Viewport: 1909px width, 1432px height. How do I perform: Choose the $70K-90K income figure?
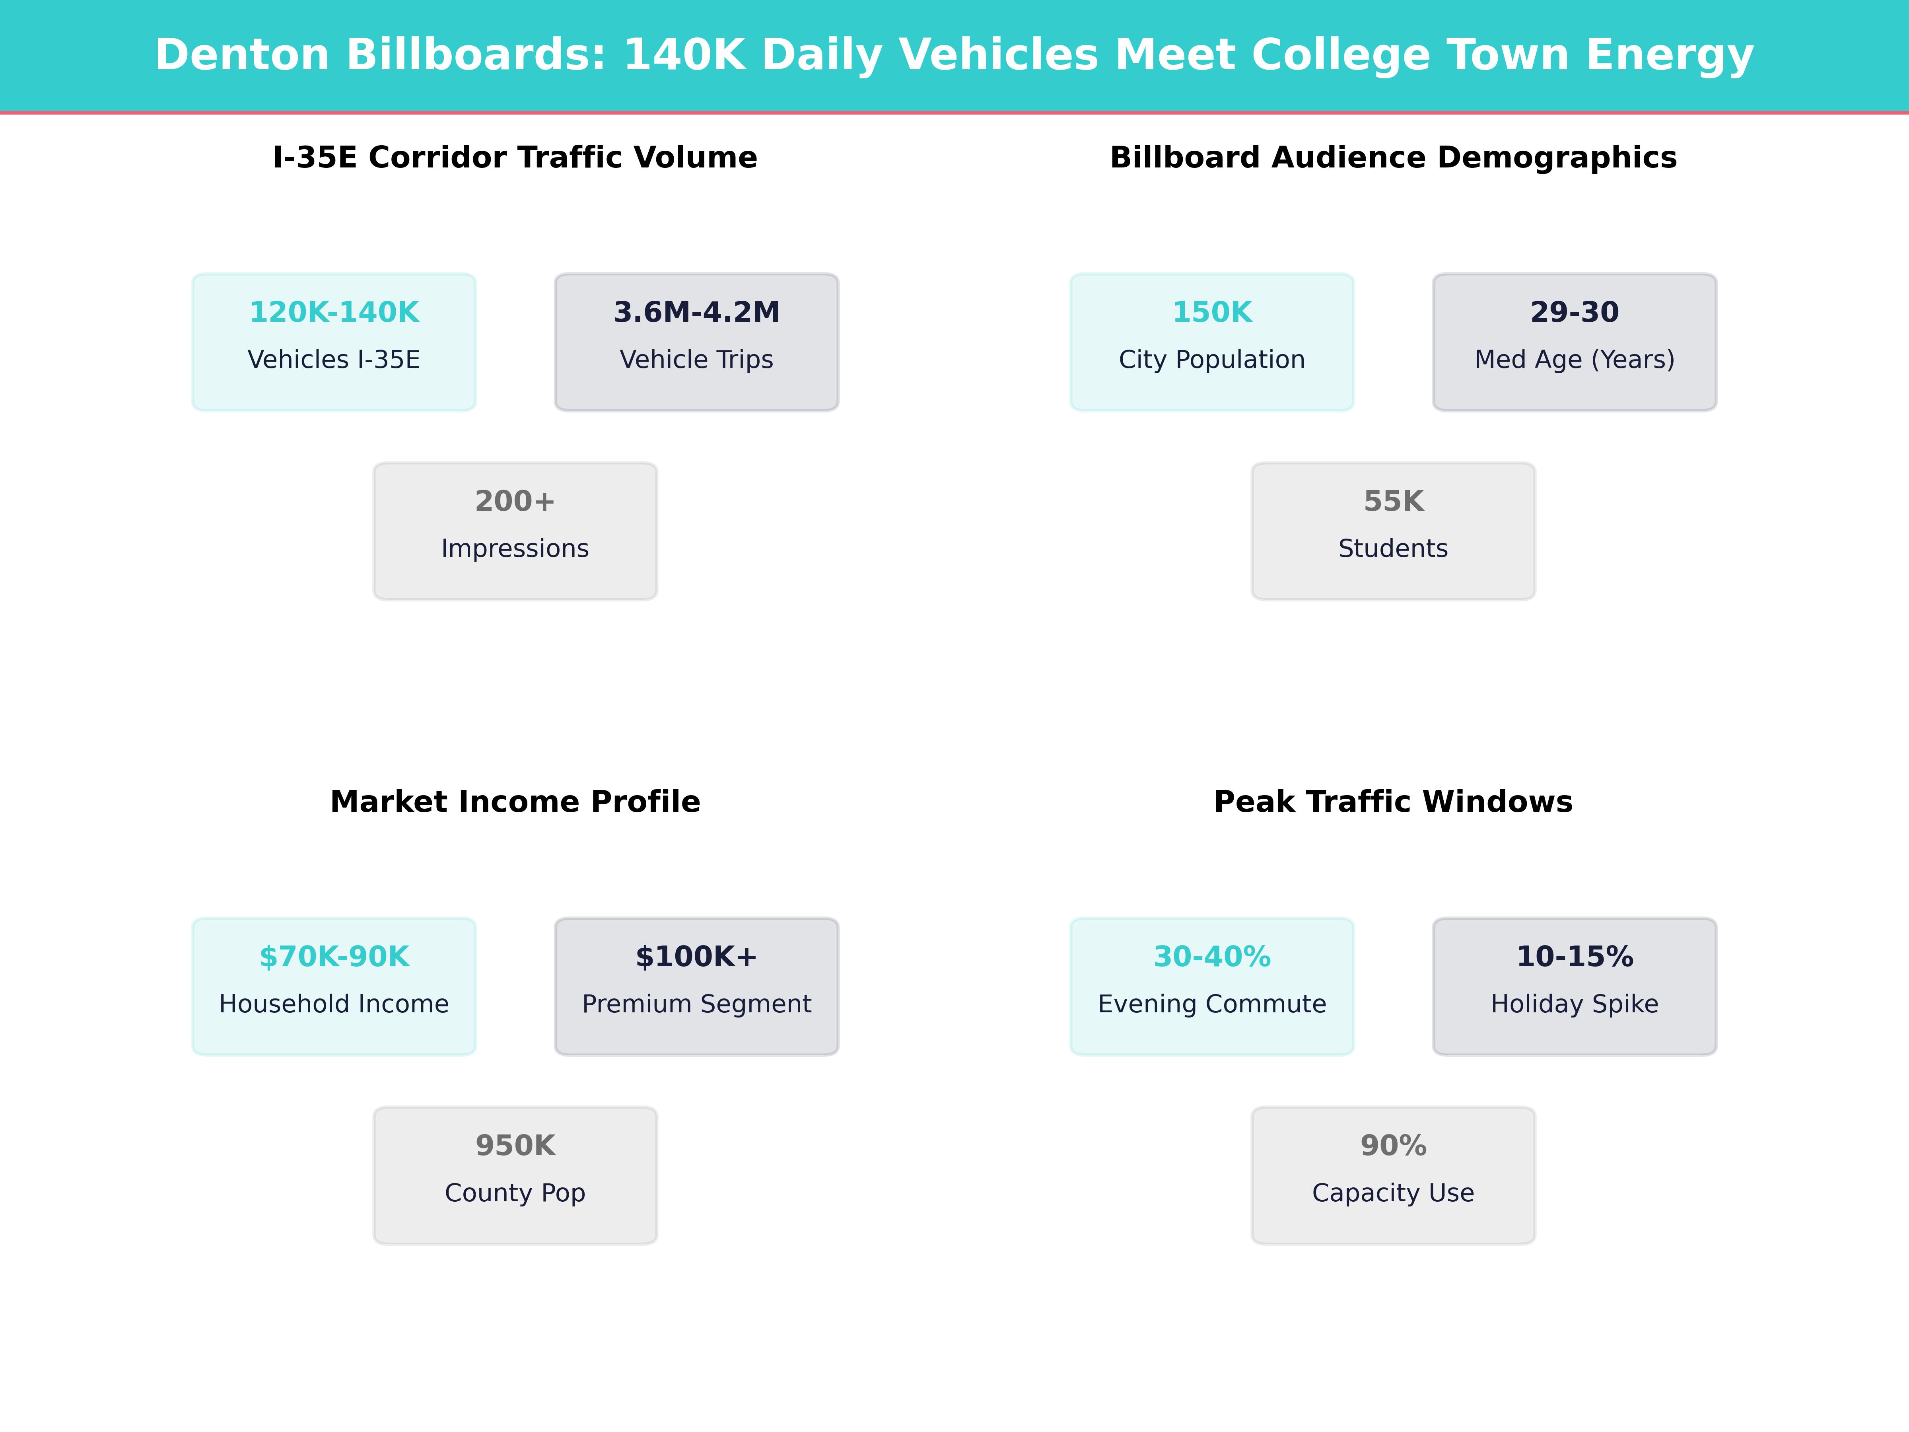coord(334,956)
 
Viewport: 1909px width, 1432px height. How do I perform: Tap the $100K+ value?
coord(696,956)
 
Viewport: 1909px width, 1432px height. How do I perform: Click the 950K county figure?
coord(515,1146)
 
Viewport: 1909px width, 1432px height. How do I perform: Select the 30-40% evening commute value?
coord(1212,956)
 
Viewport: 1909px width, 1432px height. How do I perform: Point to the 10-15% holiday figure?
coord(1574,956)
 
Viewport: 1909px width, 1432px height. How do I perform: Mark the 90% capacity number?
coord(1393,1146)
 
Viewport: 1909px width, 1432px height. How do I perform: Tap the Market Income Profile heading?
coord(515,802)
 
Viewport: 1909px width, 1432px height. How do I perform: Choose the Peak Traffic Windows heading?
coord(1393,802)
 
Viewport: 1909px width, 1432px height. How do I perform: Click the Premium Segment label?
coord(696,1004)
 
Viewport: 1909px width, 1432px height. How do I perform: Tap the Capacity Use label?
coord(1393,1193)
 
